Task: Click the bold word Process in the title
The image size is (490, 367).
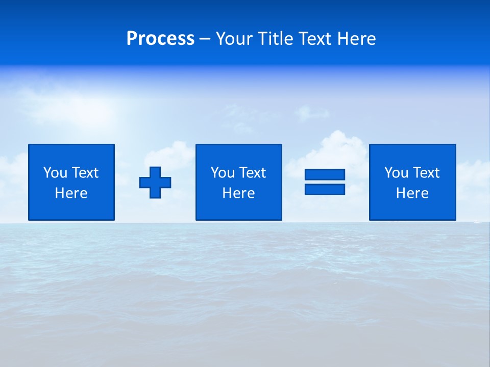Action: coord(160,39)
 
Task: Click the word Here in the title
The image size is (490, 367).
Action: coord(356,39)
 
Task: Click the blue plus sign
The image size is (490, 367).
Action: coord(155,182)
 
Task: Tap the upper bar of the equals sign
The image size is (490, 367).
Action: coord(325,174)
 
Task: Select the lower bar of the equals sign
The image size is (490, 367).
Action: coord(325,189)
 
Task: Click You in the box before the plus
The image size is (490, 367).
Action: coord(55,173)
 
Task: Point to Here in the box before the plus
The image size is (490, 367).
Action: coord(71,193)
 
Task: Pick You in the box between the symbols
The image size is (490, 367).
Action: coord(223,173)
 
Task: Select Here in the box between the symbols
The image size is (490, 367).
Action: coord(238,193)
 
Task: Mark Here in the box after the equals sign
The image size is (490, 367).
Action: coord(412,193)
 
